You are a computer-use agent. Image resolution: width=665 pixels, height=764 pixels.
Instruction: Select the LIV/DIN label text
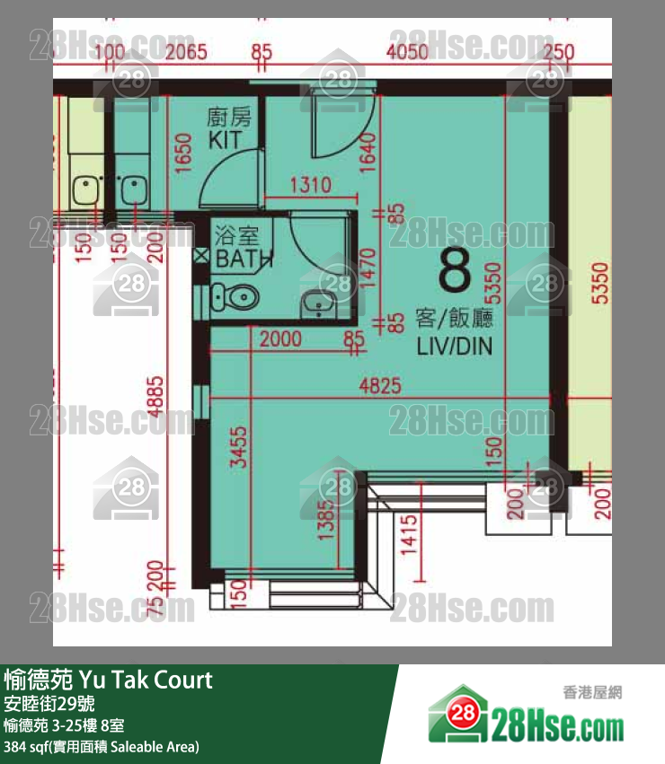coord(455,347)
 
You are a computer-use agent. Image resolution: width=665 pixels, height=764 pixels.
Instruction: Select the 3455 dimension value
coord(238,448)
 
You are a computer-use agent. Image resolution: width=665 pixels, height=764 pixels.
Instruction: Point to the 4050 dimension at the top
coord(406,51)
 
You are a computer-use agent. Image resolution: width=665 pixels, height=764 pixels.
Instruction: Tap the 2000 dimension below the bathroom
coord(280,339)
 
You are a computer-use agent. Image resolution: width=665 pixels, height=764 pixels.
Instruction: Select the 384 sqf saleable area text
coord(102,747)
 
